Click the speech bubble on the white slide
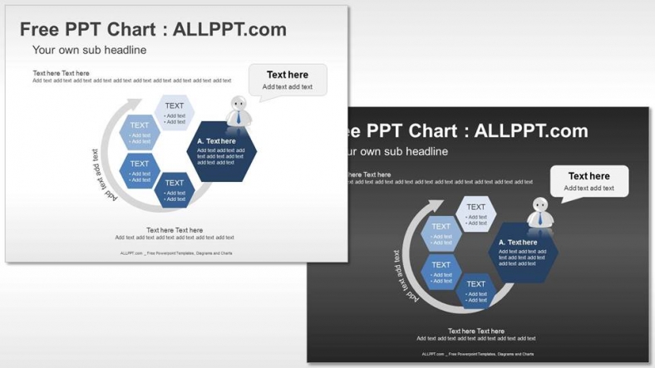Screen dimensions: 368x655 pyautogui.click(x=288, y=80)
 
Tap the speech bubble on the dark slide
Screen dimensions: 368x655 pyautogui.click(x=589, y=181)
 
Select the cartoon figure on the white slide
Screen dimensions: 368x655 pyautogui.click(x=238, y=111)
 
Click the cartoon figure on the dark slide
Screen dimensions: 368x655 pyautogui.click(x=539, y=213)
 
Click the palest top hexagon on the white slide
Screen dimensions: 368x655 pyautogui.click(x=175, y=112)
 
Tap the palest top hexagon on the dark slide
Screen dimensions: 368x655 pyautogui.click(x=476, y=213)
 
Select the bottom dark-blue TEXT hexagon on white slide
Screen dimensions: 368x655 pyautogui.click(x=175, y=189)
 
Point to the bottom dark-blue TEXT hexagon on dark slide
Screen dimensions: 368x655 pyautogui.click(x=476, y=291)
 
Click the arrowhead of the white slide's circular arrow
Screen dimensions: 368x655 pyautogui.click(x=134, y=105)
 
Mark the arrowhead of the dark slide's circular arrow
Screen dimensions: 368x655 pyautogui.click(x=435, y=206)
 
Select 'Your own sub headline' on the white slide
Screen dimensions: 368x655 pyautogui.click(x=89, y=51)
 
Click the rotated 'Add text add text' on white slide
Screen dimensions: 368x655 pyautogui.click(x=101, y=175)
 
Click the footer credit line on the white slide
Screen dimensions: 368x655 pyautogui.click(x=176, y=253)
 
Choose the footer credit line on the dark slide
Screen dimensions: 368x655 pyautogui.click(x=477, y=355)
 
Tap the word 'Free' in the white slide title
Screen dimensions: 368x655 pyautogui.click(x=41, y=30)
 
